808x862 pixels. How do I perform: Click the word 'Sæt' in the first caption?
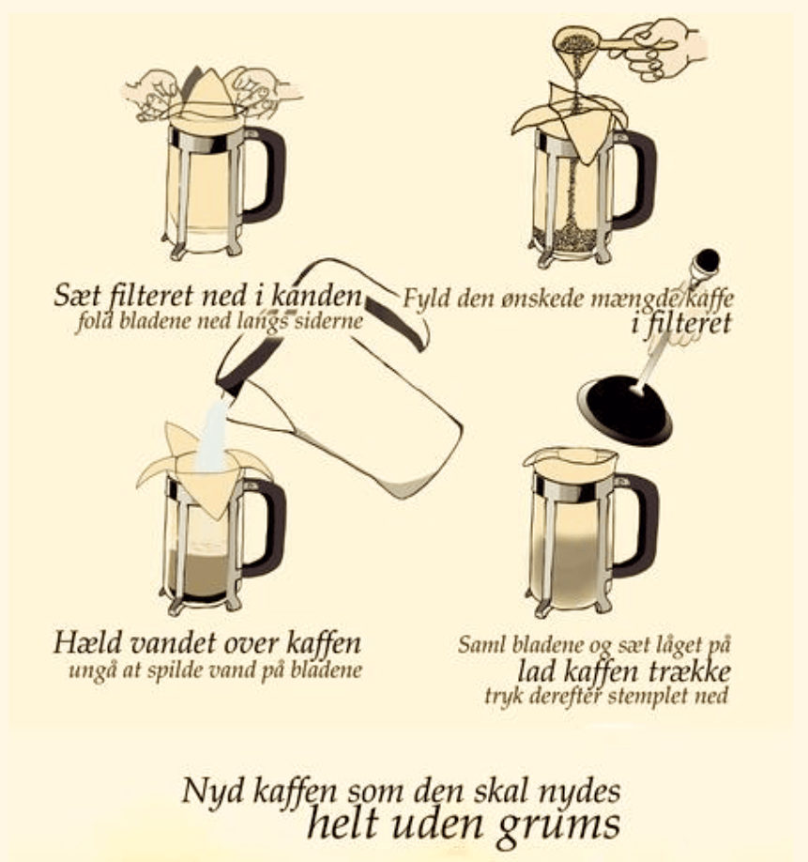click(x=77, y=297)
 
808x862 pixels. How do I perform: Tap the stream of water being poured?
click(x=213, y=435)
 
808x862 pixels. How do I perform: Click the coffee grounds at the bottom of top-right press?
click(x=565, y=240)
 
